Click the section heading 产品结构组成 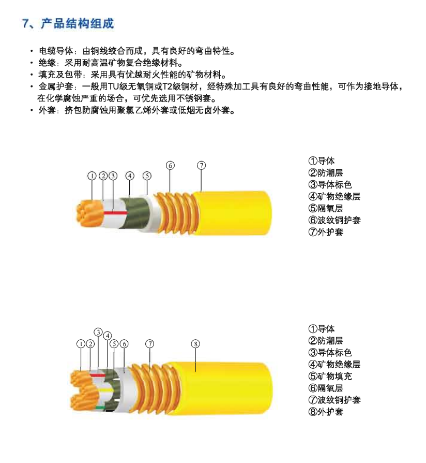tap(77, 23)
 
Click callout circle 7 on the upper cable tap(201, 165)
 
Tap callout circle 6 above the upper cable tap(170, 165)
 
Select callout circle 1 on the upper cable tap(92, 176)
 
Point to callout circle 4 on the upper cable tap(130, 176)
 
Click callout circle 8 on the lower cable tap(195, 344)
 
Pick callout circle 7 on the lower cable tap(150, 343)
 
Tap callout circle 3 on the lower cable tap(98, 332)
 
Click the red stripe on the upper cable tap(116, 213)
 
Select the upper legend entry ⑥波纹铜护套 tap(334, 220)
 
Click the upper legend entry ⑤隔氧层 tap(326, 208)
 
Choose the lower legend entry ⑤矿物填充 tap(330, 376)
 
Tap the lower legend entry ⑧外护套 tap(326, 412)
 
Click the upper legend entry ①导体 tap(322, 161)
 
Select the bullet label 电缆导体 tap(56, 51)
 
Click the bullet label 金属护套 tap(56, 86)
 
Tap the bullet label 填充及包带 tap(60, 75)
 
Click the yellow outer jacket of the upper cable tap(232, 213)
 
